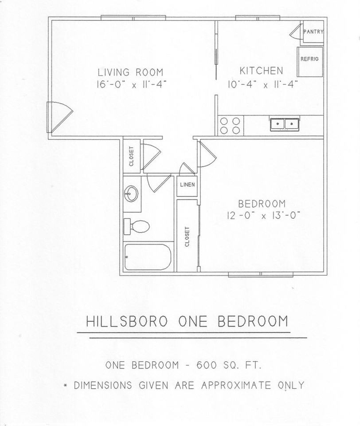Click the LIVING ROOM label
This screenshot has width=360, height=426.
130,72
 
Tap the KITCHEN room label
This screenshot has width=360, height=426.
261,71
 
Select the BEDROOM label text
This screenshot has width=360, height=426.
262,204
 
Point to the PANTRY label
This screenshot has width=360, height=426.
313,32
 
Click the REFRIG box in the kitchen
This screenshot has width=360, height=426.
309,59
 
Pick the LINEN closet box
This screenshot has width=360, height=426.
186,185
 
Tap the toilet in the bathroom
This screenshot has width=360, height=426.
137,226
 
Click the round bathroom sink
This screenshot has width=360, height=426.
132,194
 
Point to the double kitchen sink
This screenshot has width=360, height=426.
284,123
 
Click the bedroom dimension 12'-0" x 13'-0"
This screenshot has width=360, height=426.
263,216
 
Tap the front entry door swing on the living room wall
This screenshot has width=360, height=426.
59,116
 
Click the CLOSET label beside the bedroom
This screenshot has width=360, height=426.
188,237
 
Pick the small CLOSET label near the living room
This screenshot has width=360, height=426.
132,156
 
